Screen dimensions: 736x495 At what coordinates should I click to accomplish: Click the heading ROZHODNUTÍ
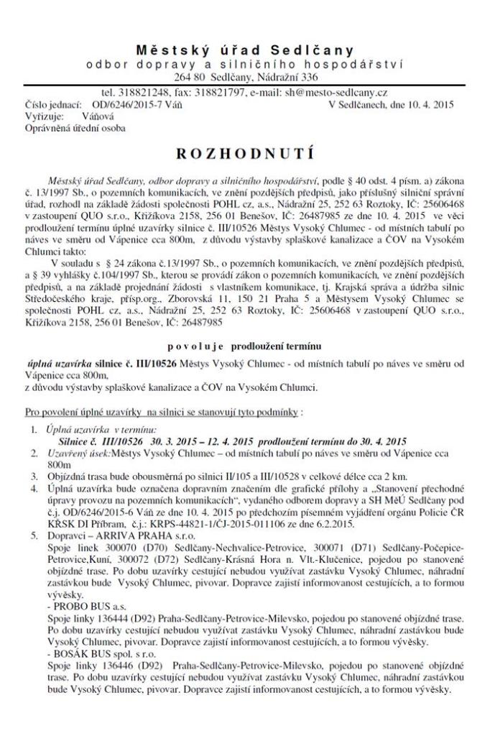(247, 154)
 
